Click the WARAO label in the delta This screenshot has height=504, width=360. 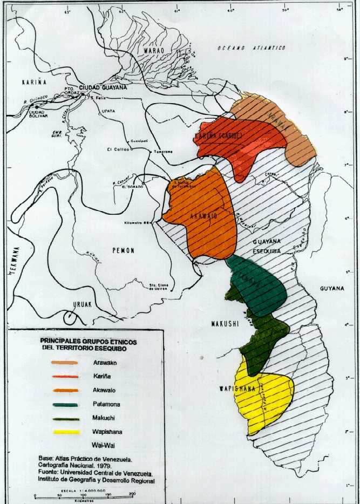tap(153, 50)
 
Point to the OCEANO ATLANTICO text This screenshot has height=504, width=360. tap(252, 48)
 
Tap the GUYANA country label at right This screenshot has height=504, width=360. tap(331, 288)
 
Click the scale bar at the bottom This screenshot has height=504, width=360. tap(84, 495)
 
